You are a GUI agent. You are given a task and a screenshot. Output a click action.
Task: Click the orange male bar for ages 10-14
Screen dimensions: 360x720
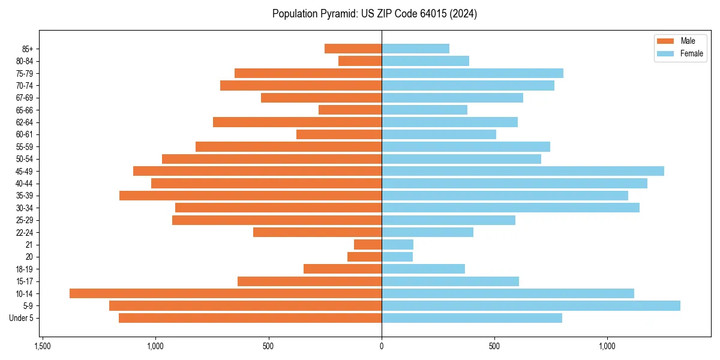point(226,293)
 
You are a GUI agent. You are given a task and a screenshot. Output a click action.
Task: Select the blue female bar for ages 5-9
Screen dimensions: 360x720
point(531,305)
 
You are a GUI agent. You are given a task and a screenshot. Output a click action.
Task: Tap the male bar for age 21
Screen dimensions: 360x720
point(368,244)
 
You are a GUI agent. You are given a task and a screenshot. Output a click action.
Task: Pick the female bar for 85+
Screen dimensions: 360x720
point(415,49)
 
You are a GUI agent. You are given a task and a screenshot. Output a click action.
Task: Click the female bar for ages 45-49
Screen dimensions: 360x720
point(523,171)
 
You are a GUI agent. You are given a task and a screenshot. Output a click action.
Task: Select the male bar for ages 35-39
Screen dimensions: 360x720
point(250,196)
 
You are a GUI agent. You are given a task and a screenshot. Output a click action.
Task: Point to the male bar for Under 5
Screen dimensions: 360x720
point(250,318)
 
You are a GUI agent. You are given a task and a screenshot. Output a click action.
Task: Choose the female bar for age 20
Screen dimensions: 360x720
point(397,257)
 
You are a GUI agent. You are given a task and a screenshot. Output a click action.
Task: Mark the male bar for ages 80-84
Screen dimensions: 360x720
point(360,61)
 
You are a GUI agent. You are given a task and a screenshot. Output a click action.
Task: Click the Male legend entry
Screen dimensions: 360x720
point(679,41)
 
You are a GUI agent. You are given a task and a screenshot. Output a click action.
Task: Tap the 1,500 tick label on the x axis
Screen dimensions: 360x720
point(42,346)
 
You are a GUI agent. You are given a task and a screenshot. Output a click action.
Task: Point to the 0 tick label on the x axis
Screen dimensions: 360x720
point(382,346)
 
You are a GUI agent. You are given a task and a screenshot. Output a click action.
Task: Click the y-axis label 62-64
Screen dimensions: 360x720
point(24,122)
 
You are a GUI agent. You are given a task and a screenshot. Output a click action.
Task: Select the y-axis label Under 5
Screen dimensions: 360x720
point(21,318)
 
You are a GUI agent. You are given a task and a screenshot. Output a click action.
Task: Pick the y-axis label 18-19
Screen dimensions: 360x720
point(24,269)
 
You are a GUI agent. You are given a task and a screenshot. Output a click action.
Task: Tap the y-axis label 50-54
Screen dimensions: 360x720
point(24,159)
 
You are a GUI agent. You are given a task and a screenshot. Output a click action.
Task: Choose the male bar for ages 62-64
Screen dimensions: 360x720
point(297,122)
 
